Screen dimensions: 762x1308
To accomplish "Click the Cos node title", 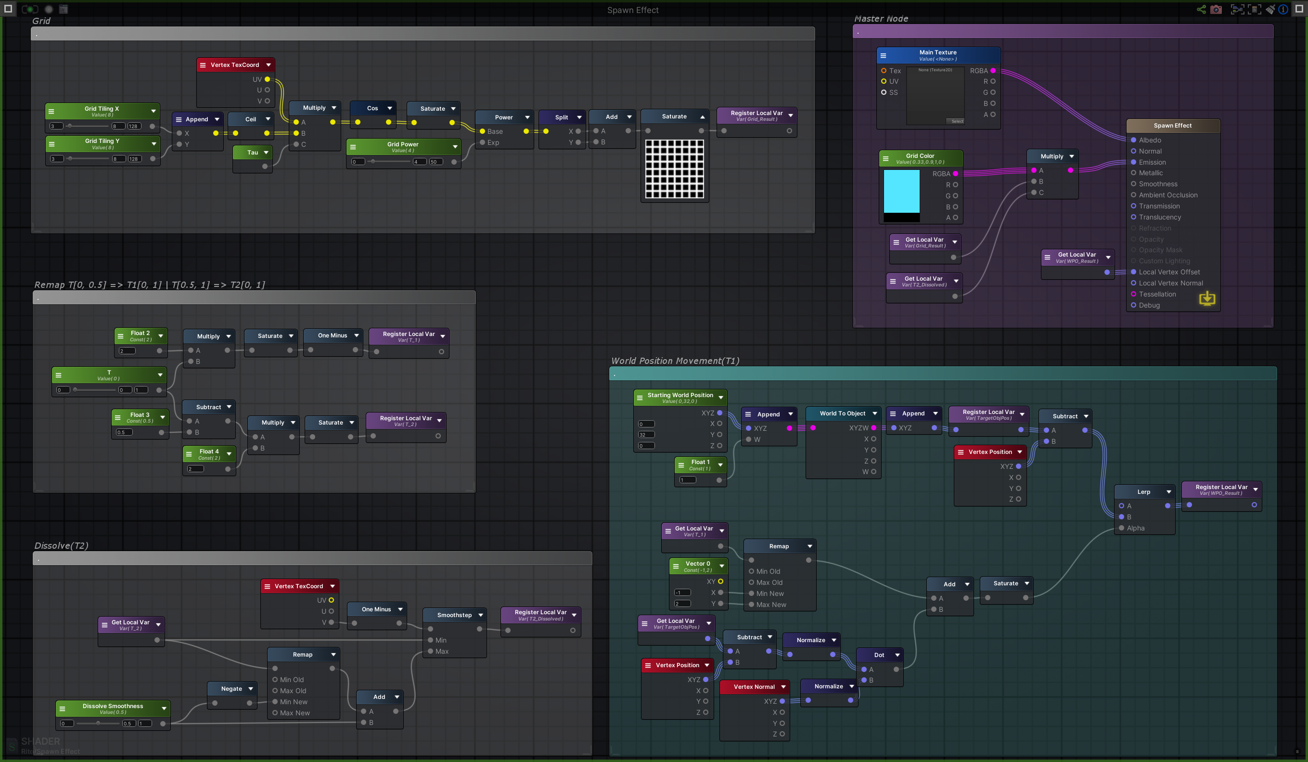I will click(x=372, y=108).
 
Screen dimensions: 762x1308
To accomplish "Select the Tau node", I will click(x=252, y=153).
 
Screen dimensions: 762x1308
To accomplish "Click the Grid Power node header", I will click(x=402, y=147).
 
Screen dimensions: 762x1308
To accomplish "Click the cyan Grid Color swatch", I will click(x=901, y=191).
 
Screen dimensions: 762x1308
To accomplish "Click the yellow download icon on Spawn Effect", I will click(x=1207, y=298).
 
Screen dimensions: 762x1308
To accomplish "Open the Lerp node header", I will click(x=1143, y=492).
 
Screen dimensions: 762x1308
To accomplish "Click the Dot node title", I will click(x=879, y=655).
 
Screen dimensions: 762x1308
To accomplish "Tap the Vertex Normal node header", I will click(x=754, y=687).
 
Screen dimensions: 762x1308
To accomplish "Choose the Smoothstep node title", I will click(x=454, y=615).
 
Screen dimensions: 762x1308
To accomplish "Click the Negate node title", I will click(x=231, y=689).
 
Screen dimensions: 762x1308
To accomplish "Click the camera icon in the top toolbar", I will click(x=1216, y=9).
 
